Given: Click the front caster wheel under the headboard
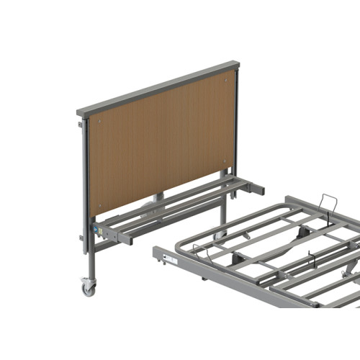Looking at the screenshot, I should (x=89, y=288).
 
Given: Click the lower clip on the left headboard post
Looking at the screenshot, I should (x=81, y=238).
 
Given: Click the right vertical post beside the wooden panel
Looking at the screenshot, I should (x=235, y=122).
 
